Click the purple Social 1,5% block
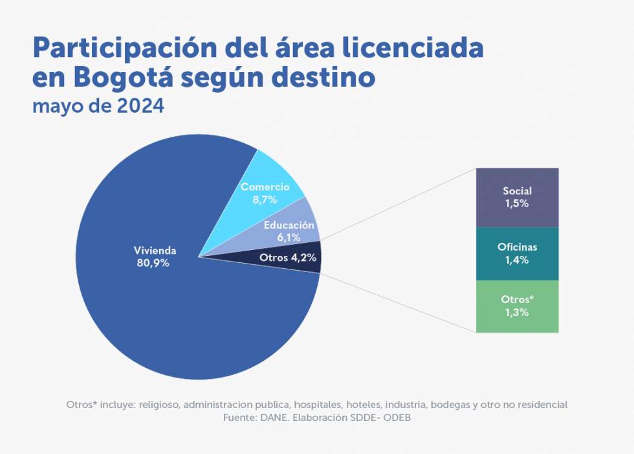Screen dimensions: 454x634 (517, 197)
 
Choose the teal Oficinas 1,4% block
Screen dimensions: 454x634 (517, 253)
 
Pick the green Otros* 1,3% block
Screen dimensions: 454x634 (517, 306)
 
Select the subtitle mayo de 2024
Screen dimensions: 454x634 (98, 105)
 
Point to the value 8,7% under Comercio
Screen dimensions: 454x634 (265, 200)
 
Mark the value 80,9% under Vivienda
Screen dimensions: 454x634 (155, 263)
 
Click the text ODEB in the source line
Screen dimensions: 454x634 (397, 418)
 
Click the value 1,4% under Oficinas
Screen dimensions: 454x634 (517, 260)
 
